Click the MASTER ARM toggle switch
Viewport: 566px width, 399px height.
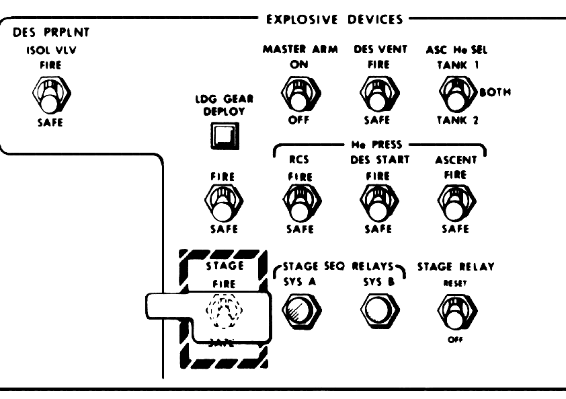(x=294, y=93)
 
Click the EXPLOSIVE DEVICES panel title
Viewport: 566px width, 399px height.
(x=333, y=20)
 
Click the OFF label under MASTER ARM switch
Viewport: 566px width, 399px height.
(x=294, y=121)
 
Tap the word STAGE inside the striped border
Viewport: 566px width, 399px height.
(x=223, y=266)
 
